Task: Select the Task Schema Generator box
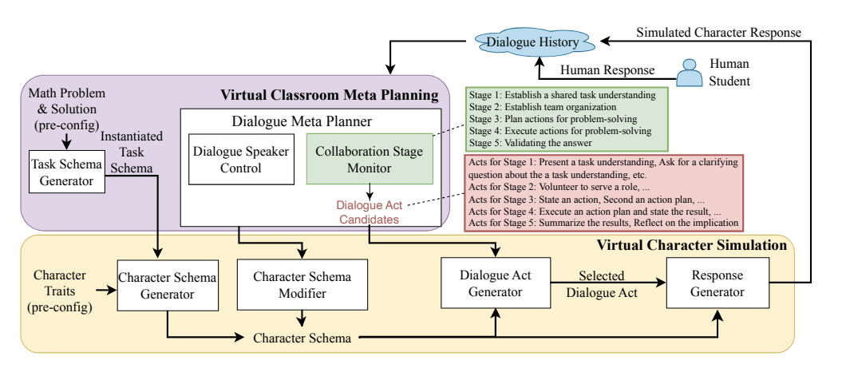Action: [x=68, y=171]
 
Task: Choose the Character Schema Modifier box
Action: [x=302, y=285]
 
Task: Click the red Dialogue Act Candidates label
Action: [x=368, y=211]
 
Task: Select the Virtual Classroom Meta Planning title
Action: [x=330, y=96]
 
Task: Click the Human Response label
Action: [x=607, y=69]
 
